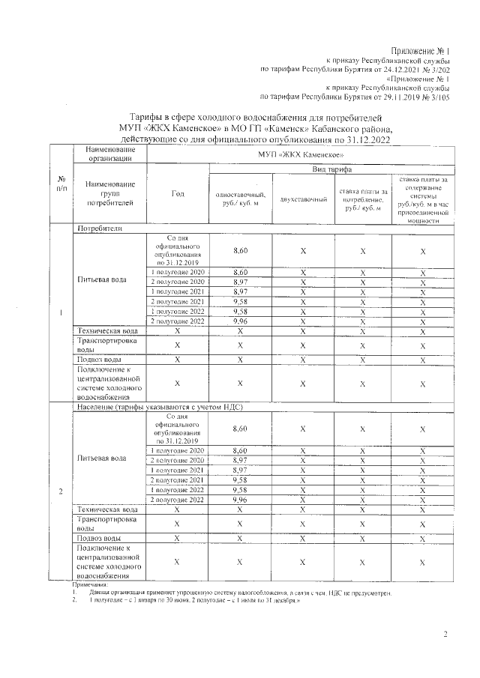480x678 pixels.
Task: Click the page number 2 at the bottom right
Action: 445,636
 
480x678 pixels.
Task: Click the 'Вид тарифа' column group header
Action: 330,171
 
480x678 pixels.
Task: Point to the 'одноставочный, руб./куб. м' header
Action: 239,199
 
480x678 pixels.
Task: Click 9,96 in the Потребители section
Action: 240,321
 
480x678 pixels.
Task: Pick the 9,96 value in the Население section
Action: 240,499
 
